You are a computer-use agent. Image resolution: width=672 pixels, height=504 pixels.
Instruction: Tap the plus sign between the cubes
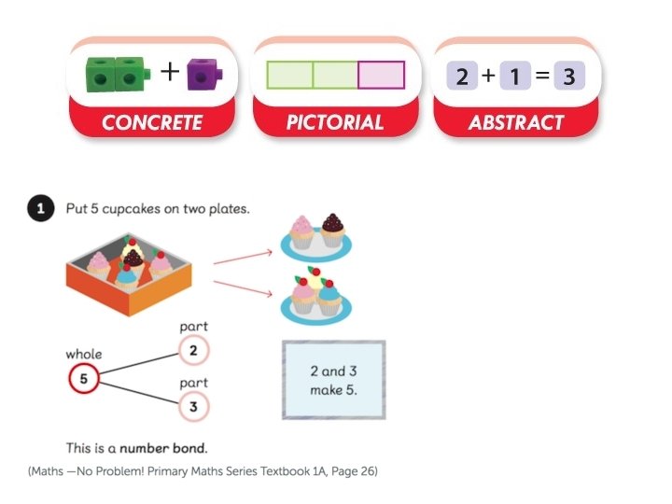[x=168, y=73]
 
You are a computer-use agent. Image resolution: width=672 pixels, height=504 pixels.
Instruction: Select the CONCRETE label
[x=151, y=122]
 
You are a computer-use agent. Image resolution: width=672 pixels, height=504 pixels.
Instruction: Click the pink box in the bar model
[x=381, y=75]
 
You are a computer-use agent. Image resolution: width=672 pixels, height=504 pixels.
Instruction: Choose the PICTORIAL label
[x=334, y=122]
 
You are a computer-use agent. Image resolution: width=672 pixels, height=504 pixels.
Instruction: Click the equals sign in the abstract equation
[x=540, y=76]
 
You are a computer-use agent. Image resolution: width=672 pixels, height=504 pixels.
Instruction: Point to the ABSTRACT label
[x=516, y=122]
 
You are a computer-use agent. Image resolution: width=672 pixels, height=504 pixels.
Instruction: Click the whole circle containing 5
[x=83, y=379]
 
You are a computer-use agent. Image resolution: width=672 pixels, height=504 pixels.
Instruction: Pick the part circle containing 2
[x=192, y=351]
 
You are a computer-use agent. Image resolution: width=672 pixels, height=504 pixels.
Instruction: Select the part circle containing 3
[x=192, y=407]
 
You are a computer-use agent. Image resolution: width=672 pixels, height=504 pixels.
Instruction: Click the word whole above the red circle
[x=84, y=355]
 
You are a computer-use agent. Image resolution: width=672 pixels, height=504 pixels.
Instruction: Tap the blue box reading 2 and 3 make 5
[x=333, y=379]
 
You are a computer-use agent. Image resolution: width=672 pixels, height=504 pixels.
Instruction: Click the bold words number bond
[x=170, y=448]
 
